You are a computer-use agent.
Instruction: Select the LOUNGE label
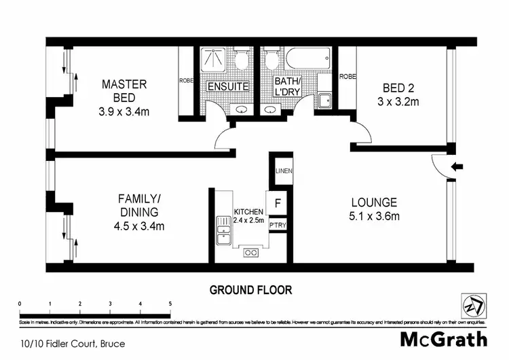click(373, 202)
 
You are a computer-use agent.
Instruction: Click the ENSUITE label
click(228, 87)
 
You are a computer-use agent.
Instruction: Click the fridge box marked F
click(278, 202)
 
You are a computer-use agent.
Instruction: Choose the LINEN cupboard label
click(283, 171)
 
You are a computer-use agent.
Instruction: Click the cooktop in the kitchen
click(250, 253)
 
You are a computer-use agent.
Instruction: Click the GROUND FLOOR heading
click(250, 290)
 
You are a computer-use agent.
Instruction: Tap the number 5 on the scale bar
click(170, 304)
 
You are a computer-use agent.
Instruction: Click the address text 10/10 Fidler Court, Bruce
click(72, 344)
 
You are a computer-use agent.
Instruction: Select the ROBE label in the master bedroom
click(186, 79)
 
